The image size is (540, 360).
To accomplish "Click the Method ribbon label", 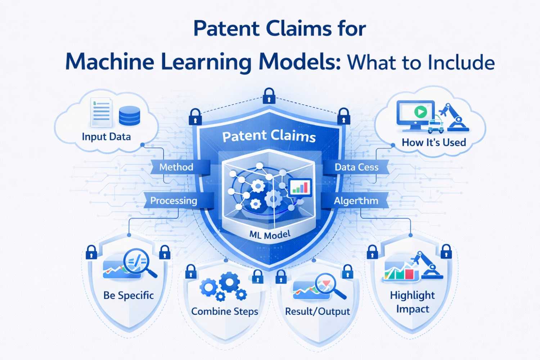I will click(x=176, y=167).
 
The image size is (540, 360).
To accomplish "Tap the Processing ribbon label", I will click(x=174, y=201).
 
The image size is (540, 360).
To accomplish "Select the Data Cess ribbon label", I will click(x=356, y=167).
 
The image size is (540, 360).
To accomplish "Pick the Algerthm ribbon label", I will click(x=356, y=201).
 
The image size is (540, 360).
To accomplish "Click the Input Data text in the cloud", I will click(x=106, y=137).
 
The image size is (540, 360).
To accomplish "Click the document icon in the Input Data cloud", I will click(x=101, y=112).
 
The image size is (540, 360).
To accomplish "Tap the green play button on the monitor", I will click(x=420, y=112).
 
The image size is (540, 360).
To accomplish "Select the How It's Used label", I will click(x=434, y=143).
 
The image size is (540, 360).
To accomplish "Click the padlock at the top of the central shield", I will click(x=269, y=96).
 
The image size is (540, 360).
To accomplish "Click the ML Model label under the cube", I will click(x=270, y=235).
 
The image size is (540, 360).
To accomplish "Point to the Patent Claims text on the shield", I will click(x=269, y=136).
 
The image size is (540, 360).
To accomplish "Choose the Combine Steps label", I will click(x=225, y=311).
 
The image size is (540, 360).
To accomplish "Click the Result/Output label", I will click(x=317, y=311).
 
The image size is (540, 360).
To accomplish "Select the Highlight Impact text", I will click(x=413, y=302).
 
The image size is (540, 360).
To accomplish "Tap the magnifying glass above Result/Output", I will click(x=328, y=284).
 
